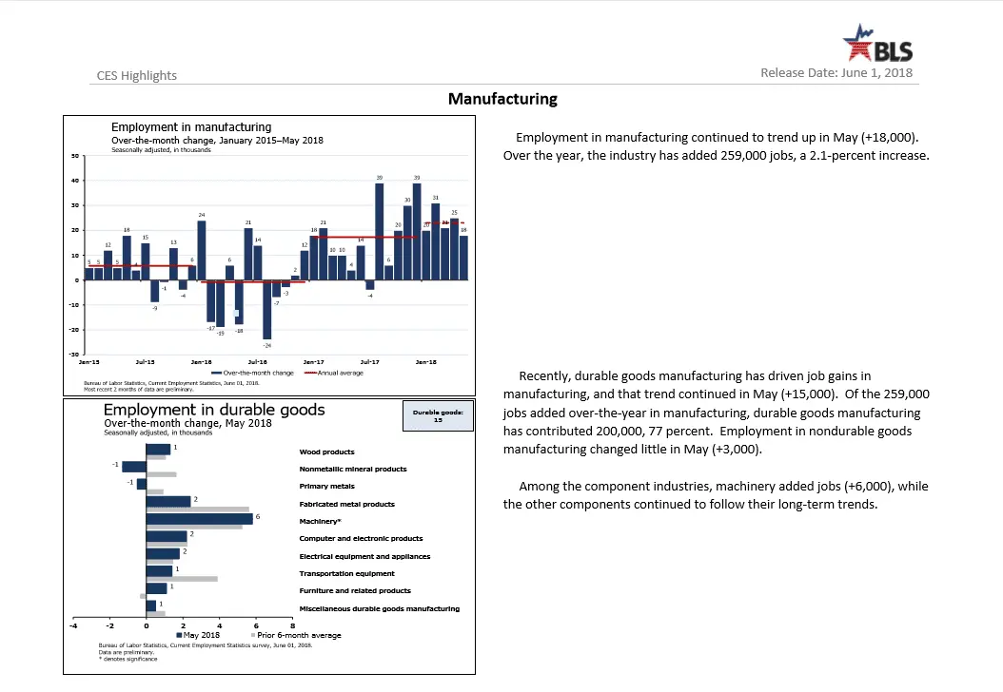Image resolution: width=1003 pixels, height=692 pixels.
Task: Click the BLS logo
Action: click(x=877, y=46)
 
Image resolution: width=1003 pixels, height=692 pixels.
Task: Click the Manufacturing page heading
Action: click(x=502, y=99)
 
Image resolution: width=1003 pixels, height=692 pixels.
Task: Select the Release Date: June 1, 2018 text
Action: click(x=836, y=73)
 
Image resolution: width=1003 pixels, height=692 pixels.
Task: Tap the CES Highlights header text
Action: click(x=137, y=76)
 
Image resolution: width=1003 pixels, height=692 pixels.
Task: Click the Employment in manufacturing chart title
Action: click(x=190, y=127)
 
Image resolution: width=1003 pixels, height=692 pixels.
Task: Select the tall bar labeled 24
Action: click(x=202, y=250)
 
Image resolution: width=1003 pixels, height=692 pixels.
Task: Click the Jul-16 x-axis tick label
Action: click(x=258, y=362)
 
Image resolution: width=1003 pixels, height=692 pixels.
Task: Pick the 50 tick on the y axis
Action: click(x=73, y=156)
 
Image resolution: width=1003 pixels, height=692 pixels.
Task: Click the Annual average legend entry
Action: click(x=337, y=373)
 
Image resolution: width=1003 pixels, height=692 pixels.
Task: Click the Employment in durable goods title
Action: click(x=213, y=411)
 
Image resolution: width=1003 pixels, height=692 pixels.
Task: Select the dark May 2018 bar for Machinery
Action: click(x=199, y=518)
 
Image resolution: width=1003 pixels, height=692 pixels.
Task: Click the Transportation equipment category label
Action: click(x=346, y=574)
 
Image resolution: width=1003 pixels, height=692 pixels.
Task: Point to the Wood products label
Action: click(x=326, y=452)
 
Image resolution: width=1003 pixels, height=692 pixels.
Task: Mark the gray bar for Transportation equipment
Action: click(x=182, y=578)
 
